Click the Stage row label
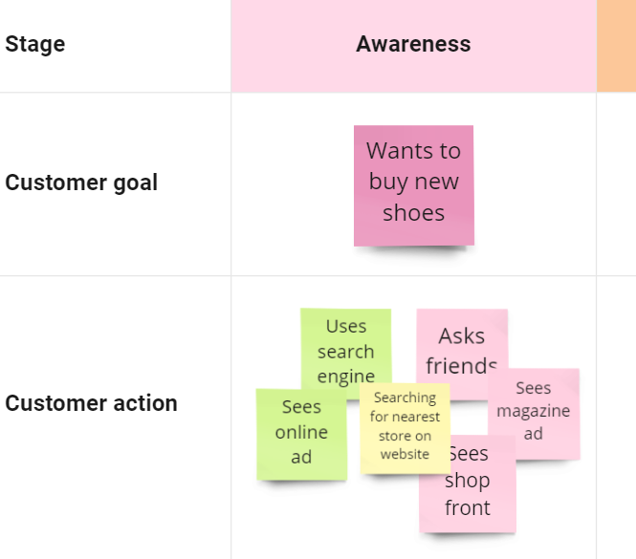34,44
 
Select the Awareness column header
413,44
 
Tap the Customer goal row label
81,183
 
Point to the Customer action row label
91,403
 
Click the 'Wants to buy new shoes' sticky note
414,185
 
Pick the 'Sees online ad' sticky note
302,435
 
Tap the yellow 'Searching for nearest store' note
405,428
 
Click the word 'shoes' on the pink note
414,213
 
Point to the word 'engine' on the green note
346,377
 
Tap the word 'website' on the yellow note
405,454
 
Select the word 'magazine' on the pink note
534,412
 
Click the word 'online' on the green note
301,432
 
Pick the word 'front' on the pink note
468,507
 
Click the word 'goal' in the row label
136,183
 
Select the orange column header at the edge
617,46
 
